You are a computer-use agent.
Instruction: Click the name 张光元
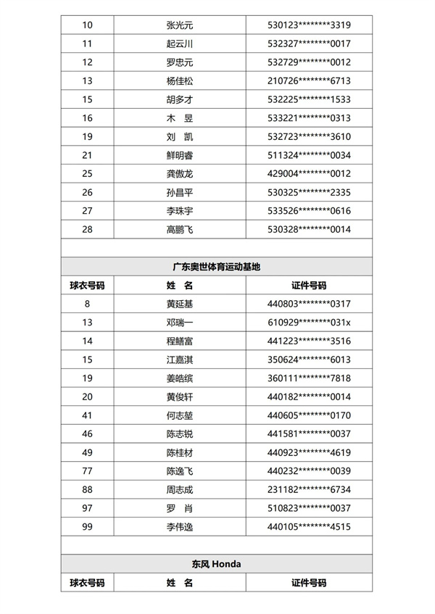(180, 25)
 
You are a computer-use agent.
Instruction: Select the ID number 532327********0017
(309, 44)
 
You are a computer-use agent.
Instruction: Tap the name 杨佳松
(180, 81)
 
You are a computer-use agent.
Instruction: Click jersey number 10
(88, 25)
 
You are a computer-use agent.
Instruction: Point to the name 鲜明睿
(180, 155)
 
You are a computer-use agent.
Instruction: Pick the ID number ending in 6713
(309, 81)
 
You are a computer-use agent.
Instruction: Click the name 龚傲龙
(180, 174)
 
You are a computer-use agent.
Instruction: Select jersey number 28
(88, 230)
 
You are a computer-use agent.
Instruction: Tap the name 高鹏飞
(180, 230)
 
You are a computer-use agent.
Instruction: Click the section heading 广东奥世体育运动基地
(217, 267)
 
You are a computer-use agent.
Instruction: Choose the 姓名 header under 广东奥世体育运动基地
(180, 286)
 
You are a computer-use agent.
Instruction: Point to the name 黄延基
(180, 304)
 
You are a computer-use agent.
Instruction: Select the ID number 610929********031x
(309, 323)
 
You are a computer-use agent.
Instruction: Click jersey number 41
(88, 415)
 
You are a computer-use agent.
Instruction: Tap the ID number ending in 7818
(309, 378)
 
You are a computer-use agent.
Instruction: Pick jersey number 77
(88, 471)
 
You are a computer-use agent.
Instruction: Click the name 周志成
(180, 489)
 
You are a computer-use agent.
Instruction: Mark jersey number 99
(88, 526)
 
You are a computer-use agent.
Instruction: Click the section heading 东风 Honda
(217, 563)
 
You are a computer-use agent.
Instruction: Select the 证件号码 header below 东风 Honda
(309, 582)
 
